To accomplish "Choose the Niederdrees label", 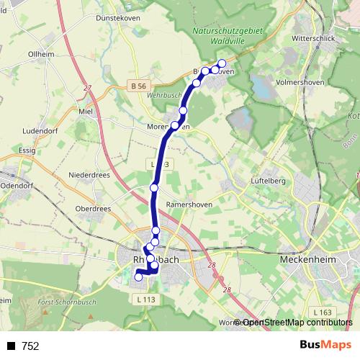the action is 89,175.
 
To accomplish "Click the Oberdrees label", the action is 93,209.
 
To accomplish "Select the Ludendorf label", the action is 40,131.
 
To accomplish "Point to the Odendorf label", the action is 17,185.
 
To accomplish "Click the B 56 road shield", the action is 140,86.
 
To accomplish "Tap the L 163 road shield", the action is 323,311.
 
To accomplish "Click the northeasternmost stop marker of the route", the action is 222,63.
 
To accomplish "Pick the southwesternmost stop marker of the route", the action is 138,277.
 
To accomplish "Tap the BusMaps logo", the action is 326,346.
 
